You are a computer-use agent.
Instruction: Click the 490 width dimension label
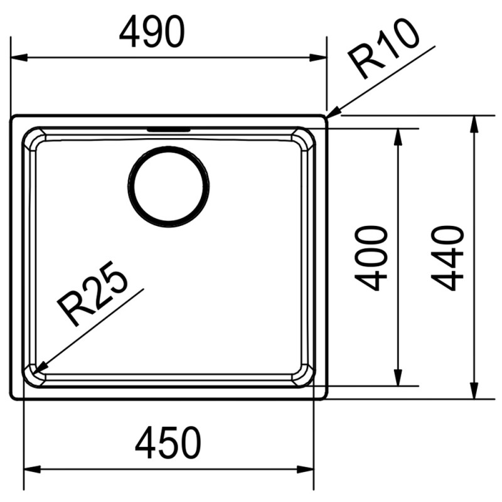(152, 32)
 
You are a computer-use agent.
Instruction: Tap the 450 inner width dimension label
(168, 442)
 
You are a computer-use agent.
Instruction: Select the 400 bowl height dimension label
(371, 258)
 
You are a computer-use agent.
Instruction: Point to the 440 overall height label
(447, 258)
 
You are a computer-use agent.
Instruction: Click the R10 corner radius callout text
(383, 49)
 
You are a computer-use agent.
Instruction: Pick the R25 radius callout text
(92, 294)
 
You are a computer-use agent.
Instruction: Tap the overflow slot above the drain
(168, 130)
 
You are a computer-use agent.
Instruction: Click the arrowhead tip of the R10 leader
(327, 118)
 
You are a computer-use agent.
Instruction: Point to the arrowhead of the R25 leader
(34, 373)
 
